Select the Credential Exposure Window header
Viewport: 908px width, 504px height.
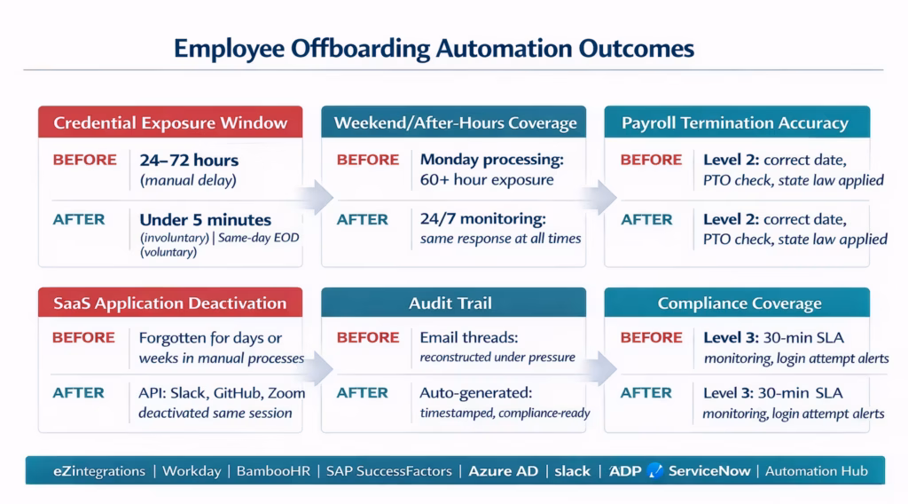coord(170,122)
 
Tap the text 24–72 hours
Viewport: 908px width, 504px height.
coord(189,161)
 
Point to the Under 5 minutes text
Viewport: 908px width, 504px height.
coord(206,219)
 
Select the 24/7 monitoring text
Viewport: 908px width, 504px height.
coord(482,218)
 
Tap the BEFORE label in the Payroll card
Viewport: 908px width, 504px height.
coord(652,161)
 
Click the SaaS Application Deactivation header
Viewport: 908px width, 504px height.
coord(169,303)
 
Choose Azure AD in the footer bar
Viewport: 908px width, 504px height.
coord(503,471)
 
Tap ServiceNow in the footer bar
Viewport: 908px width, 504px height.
coord(708,471)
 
